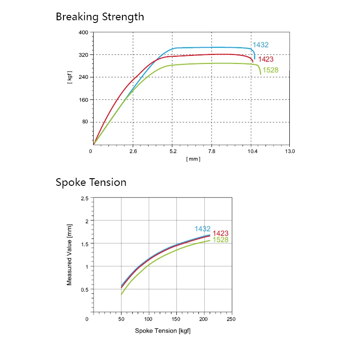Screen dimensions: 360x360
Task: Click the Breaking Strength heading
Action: click(100, 17)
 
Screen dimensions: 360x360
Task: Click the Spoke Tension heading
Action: click(91, 182)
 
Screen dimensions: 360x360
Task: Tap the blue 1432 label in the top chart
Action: click(261, 45)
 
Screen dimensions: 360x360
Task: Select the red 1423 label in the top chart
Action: click(265, 59)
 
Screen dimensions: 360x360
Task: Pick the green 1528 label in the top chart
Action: click(270, 70)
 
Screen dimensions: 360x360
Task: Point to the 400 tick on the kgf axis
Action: click(83, 33)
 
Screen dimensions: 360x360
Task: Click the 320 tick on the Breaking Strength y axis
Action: click(83, 55)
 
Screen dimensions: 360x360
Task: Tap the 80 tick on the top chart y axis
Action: click(85, 122)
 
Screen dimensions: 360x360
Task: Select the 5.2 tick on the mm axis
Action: click(173, 152)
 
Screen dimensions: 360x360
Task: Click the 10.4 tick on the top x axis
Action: click(252, 152)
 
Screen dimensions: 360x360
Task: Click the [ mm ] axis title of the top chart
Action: click(193, 159)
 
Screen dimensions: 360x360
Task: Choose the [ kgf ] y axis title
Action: click(70, 77)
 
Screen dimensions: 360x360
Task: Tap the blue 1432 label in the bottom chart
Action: click(202, 229)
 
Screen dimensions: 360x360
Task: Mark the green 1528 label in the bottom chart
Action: click(220, 240)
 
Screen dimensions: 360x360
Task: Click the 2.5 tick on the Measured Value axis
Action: click(84, 198)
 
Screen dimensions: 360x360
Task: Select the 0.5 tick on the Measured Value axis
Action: click(84, 290)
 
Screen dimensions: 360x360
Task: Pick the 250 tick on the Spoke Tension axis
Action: click(231, 319)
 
